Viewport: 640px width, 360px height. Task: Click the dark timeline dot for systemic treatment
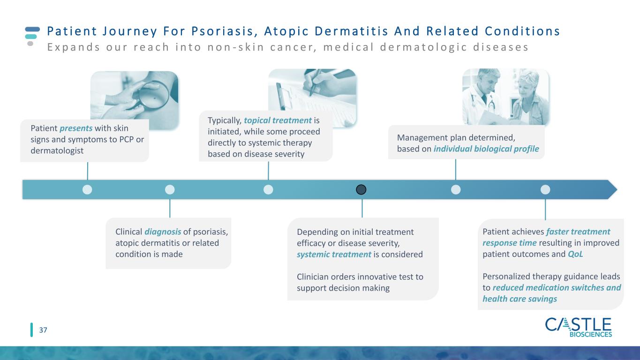tap(361, 189)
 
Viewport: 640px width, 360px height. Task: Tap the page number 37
tap(43, 330)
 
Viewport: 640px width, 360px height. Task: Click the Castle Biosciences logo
tap(578, 327)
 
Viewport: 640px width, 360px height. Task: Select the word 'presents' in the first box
tap(76, 128)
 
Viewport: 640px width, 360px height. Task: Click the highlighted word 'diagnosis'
tap(163, 232)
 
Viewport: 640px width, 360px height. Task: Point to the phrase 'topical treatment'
tap(278, 120)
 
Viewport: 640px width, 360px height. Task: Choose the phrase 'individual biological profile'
tap(486, 149)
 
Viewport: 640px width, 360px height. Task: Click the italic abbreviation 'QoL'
tap(575, 254)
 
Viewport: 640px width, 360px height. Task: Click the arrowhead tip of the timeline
tap(617, 189)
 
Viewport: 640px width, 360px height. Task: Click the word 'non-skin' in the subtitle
tap(236, 47)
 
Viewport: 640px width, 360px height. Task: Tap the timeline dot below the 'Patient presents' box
tap(87, 189)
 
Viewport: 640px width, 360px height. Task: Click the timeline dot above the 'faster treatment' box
tap(545, 189)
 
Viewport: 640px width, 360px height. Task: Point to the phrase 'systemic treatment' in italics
tap(334, 254)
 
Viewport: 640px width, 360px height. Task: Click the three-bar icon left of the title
tap(32, 36)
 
